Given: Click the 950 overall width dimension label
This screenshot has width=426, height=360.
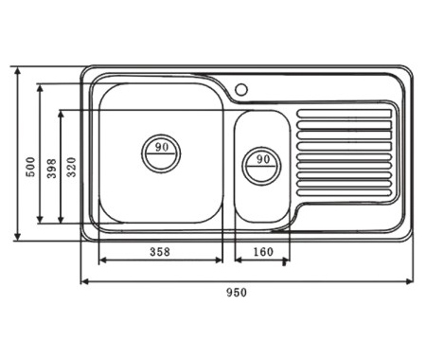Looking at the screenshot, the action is [237, 293].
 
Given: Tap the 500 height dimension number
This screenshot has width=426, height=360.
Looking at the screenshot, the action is [31, 167].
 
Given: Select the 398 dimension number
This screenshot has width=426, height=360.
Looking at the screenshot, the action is [52, 169].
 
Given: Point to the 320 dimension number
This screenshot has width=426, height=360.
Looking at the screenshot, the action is [72, 167].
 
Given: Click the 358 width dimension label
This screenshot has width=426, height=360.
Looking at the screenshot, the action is [160, 252].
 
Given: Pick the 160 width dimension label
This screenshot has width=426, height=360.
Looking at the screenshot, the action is [263, 252].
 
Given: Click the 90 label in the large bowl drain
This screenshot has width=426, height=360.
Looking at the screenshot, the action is [162, 147].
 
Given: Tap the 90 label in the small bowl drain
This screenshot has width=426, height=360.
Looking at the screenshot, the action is [263, 159].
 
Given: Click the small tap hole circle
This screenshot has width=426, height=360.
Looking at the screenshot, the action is [241, 89].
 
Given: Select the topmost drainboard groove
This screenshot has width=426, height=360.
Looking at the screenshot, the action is [345, 114].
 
